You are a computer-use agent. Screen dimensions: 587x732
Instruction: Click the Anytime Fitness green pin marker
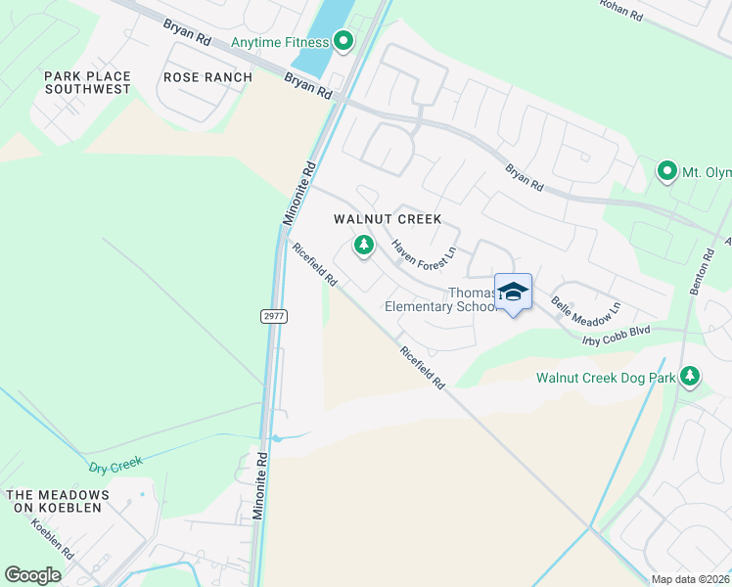click(x=343, y=41)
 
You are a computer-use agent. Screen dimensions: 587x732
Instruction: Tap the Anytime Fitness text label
click(x=279, y=42)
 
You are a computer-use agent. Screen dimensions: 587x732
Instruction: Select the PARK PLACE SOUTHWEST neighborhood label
click(x=87, y=82)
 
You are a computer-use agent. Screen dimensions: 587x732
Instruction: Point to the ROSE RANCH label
click(x=207, y=77)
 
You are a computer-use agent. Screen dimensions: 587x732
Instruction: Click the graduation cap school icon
click(x=513, y=293)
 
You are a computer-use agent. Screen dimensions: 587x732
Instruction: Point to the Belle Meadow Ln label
click(x=586, y=304)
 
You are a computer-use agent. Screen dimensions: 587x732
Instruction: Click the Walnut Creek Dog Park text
click(x=606, y=378)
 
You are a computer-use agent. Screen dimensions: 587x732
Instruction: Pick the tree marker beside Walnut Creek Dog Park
click(x=691, y=376)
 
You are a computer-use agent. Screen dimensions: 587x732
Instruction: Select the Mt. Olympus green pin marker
click(x=667, y=172)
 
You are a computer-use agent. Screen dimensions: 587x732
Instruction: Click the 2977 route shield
click(x=274, y=316)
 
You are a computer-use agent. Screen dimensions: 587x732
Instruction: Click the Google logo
click(x=33, y=575)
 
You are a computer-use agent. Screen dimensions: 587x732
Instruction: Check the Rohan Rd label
click(x=621, y=9)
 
